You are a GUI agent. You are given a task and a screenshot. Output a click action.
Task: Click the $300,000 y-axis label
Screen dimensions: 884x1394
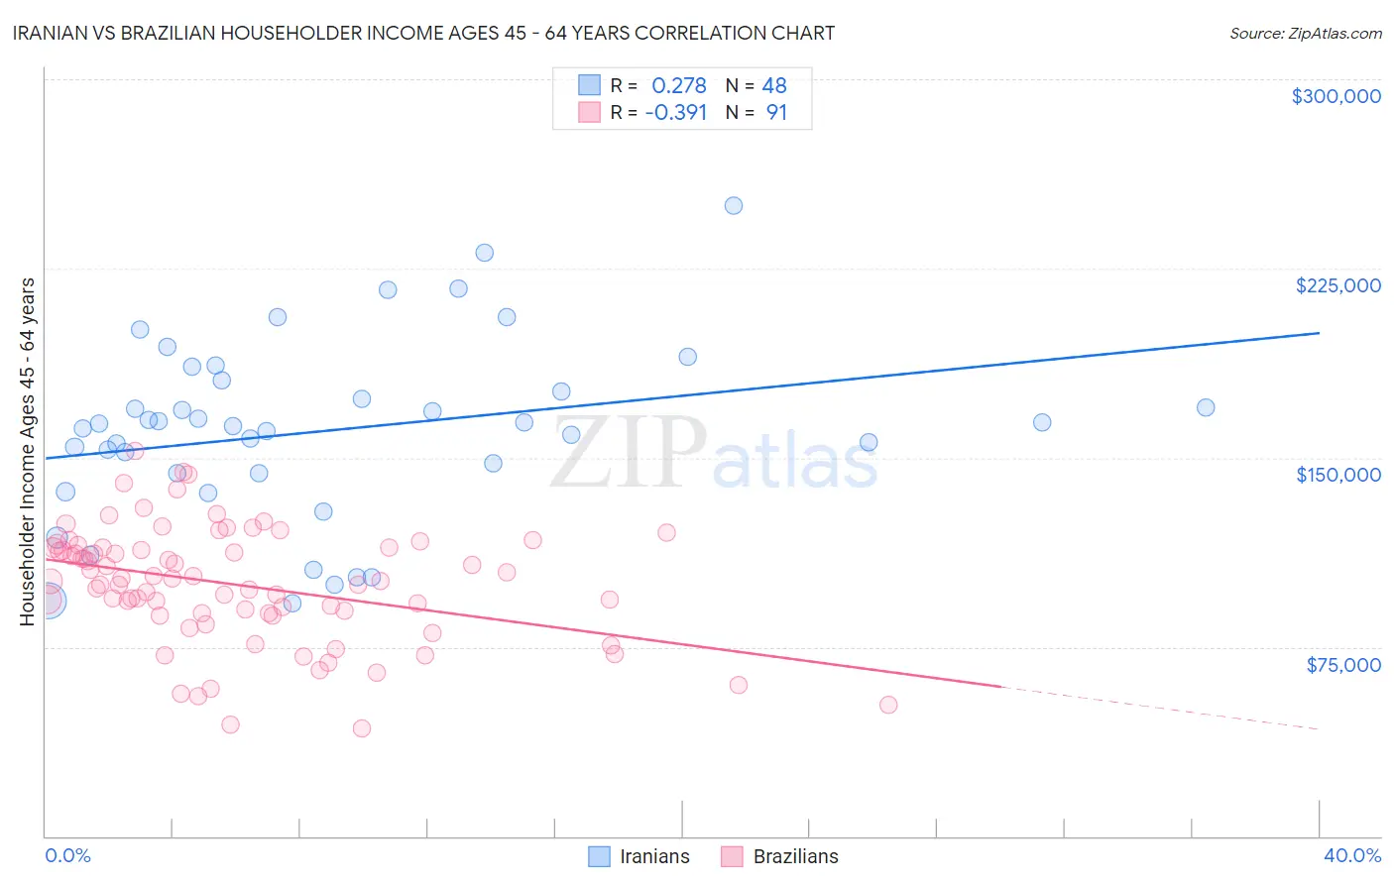click(1336, 96)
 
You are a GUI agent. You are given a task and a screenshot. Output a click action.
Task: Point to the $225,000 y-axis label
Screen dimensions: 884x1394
click(1337, 285)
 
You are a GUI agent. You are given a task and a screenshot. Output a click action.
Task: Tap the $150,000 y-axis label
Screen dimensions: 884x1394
click(1337, 475)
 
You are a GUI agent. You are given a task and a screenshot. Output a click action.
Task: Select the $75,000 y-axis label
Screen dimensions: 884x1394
click(1342, 665)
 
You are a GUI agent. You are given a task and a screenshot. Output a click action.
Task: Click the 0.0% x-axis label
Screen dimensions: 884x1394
click(67, 855)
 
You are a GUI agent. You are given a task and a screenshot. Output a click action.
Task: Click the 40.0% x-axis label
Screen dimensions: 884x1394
click(1351, 855)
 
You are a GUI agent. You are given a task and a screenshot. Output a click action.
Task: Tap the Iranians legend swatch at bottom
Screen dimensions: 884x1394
click(599, 856)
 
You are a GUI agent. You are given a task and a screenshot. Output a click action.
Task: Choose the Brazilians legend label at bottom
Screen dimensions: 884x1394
click(795, 856)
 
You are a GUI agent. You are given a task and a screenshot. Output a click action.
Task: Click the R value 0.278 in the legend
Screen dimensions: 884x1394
click(678, 85)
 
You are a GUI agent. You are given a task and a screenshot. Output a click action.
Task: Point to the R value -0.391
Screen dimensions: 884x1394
click(675, 112)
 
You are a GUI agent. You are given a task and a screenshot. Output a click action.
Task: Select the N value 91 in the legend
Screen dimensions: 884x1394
click(776, 112)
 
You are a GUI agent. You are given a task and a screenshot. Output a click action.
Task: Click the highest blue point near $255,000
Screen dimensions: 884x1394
click(734, 206)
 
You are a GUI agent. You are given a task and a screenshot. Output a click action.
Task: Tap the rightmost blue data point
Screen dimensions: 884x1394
click(1206, 407)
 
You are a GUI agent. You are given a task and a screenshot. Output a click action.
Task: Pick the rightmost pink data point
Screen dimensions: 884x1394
click(888, 705)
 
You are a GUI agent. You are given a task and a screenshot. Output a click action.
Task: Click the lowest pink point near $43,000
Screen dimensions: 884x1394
click(362, 728)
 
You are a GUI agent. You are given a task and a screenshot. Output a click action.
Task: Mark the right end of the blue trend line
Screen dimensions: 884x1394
click(1319, 333)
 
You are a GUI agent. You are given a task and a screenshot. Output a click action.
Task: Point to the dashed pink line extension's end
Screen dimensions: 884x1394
click(1319, 729)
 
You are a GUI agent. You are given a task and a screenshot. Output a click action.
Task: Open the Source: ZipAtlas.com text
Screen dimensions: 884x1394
click(1305, 33)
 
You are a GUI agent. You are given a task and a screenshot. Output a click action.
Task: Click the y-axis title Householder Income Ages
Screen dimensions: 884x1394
click(28, 451)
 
